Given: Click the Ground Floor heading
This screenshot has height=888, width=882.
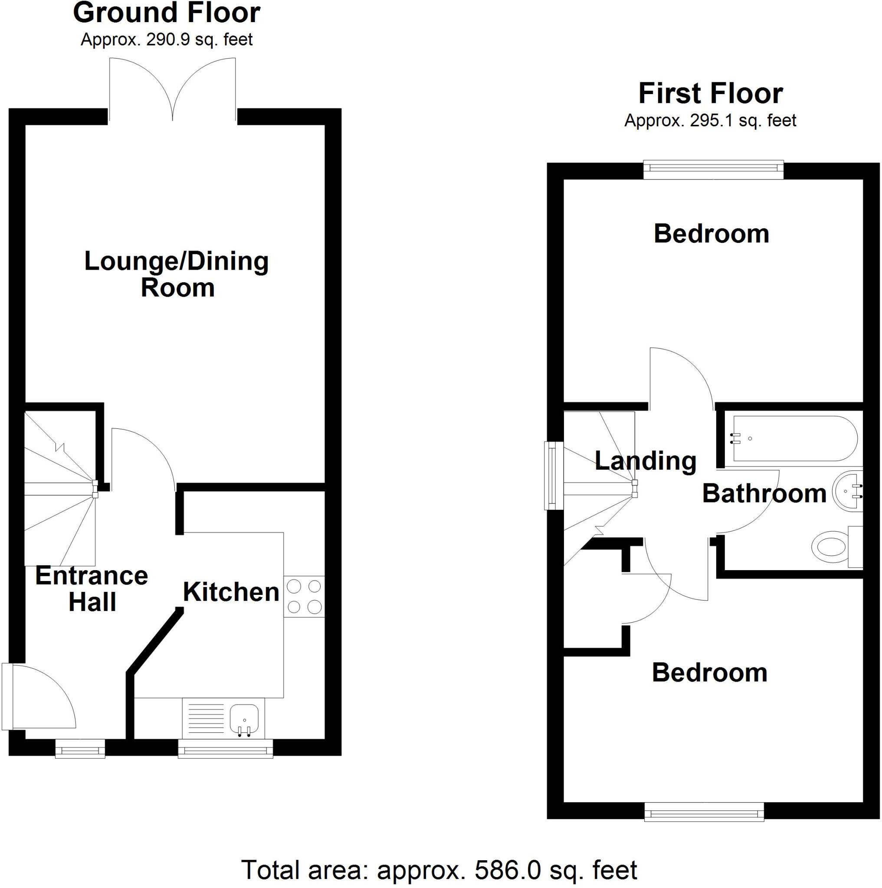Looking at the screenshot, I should [x=167, y=13].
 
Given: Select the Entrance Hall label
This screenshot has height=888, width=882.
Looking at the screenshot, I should [x=92, y=589].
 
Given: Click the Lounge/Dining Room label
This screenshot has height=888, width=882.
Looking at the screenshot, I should [x=177, y=274].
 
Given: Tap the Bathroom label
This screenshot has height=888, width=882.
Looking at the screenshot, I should [x=764, y=493].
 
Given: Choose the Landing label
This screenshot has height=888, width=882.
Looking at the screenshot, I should [x=645, y=460].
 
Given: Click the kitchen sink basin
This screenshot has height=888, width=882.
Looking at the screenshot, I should [x=244, y=718].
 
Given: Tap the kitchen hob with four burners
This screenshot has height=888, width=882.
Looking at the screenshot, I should [x=304, y=596].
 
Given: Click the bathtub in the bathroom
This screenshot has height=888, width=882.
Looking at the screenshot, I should [x=795, y=438].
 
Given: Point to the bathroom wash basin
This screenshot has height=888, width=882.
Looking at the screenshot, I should [x=849, y=491].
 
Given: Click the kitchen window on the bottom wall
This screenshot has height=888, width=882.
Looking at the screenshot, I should [x=225, y=750].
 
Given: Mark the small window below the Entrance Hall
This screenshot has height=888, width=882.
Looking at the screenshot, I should [x=80, y=750].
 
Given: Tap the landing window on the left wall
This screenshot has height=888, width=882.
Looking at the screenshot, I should [x=554, y=475].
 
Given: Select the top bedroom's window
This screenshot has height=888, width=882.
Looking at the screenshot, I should [x=713, y=169].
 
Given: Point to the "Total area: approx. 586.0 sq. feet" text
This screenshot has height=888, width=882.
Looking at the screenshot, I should [x=439, y=870].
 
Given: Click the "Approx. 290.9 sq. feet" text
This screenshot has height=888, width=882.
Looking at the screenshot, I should [x=167, y=40].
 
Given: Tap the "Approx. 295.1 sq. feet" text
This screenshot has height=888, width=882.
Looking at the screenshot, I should [x=710, y=121].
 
